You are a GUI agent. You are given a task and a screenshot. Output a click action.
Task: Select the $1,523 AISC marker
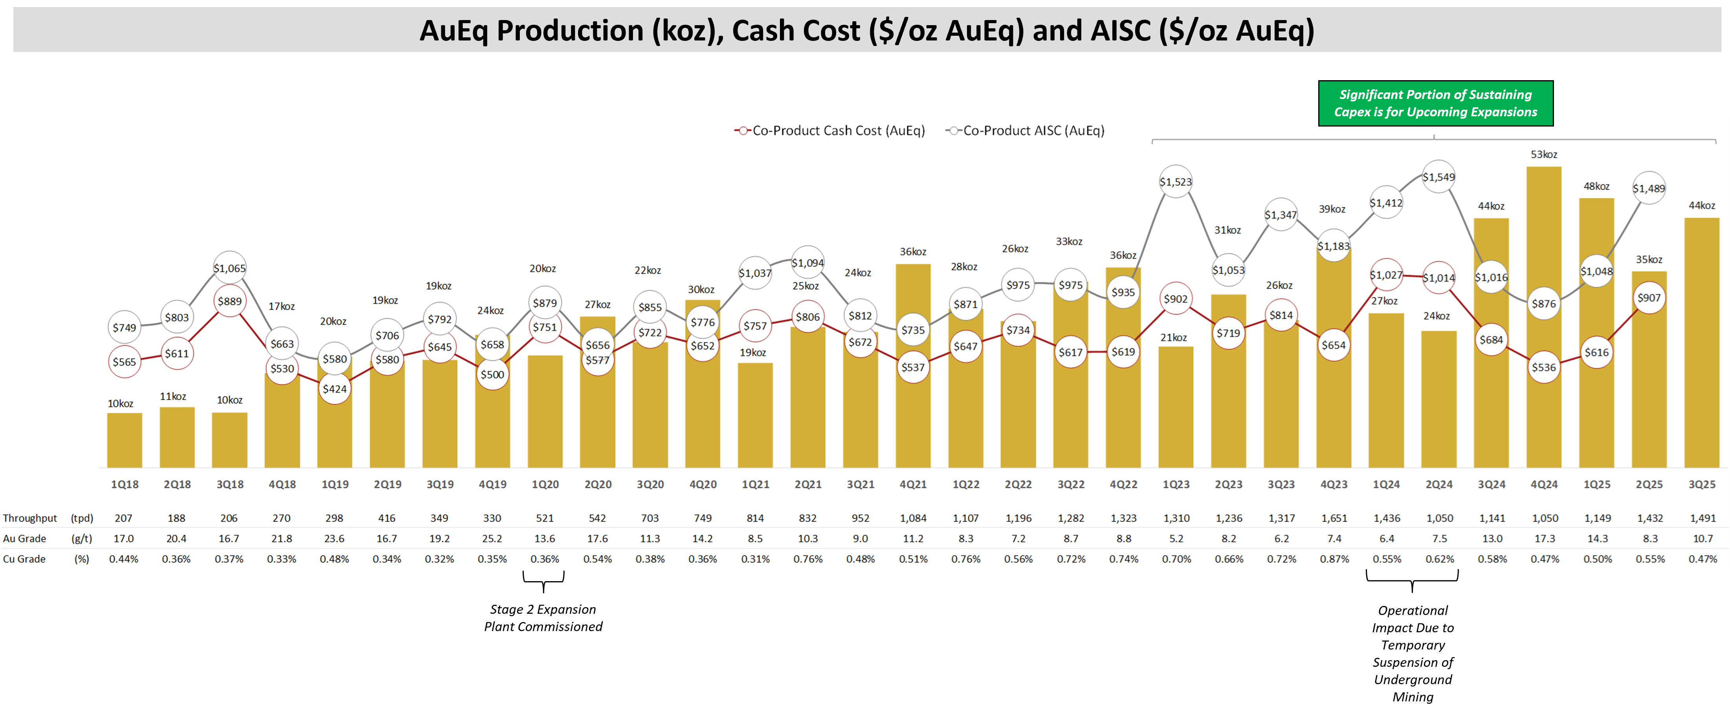pyautogui.click(x=1175, y=182)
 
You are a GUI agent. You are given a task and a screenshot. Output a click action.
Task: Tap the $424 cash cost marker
pyautogui.click(x=334, y=389)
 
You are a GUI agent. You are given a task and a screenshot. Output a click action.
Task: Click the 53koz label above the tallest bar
pyautogui.click(x=1543, y=154)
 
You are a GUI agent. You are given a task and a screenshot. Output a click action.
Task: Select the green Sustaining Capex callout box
pyautogui.click(x=1435, y=103)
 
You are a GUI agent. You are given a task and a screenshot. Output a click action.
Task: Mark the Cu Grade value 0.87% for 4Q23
pyautogui.click(x=1334, y=559)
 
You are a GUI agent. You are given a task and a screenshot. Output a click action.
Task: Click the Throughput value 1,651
pyautogui.click(x=1334, y=518)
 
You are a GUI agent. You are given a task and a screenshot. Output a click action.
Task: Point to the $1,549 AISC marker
pyautogui.click(x=1438, y=177)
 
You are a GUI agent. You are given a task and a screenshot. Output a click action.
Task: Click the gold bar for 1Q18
pyautogui.click(x=124, y=440)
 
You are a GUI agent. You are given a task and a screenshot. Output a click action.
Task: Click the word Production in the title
pyautogui.click(x=569, y=31)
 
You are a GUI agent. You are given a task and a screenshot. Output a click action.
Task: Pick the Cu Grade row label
pyautogui.click(x=24, y=559)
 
